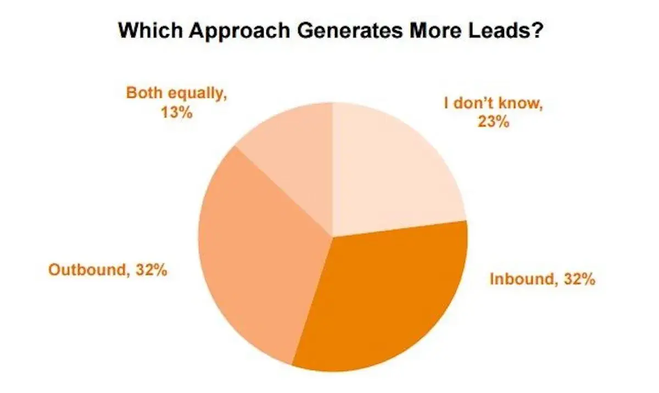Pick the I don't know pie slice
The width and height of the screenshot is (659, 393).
390,170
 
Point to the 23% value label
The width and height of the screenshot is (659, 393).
493,122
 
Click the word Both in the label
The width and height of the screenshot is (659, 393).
144,93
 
